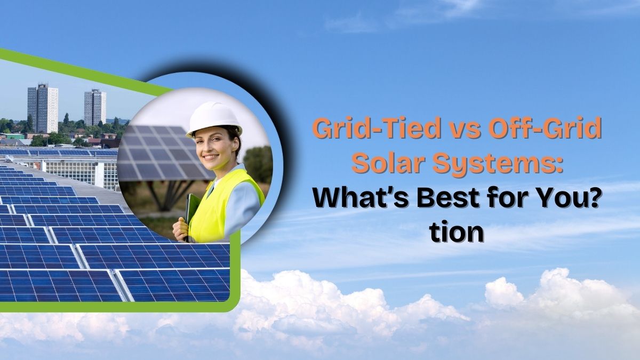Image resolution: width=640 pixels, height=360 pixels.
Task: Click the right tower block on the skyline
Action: coord(95,108)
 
